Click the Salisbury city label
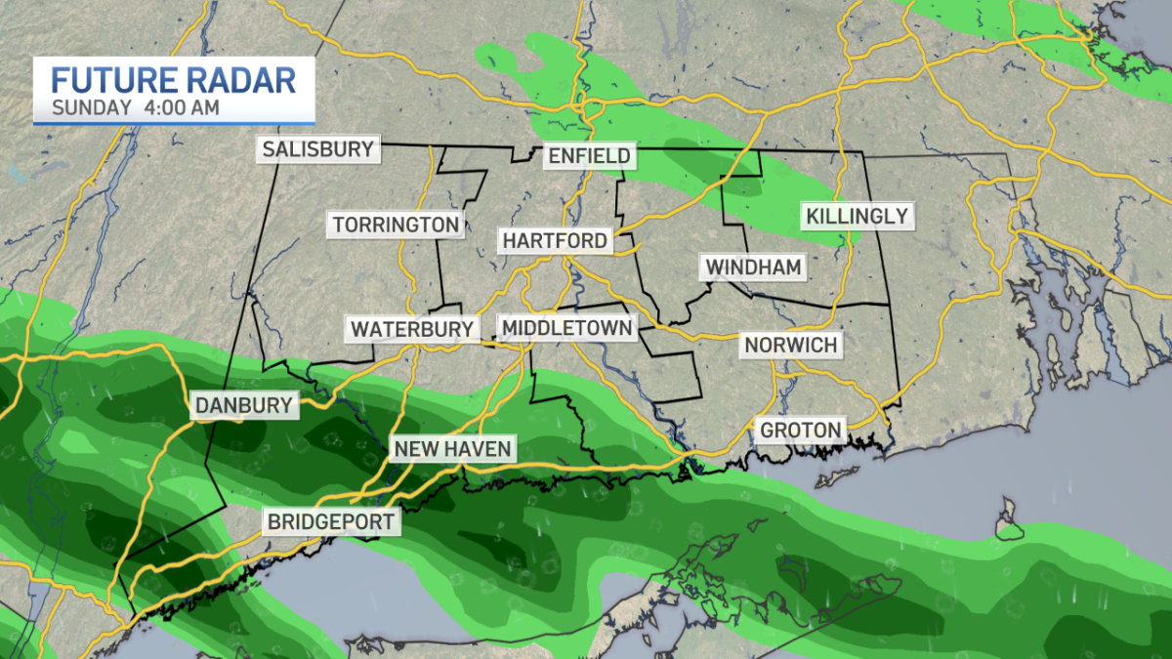pos(317,149)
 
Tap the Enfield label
pos(589,156)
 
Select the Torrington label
pos(396,225)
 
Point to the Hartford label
pos(555,240)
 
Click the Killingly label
pos(858,216)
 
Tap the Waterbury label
pos(412,329)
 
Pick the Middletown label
pos(566,327)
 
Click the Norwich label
pos(790,345)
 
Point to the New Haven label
pos(452,449)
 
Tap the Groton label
pos(801,430)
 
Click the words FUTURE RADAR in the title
pos(174,79)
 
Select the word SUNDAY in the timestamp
pos(91,107)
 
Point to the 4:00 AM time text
pos(185,107)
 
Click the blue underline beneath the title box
pos(174,124)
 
